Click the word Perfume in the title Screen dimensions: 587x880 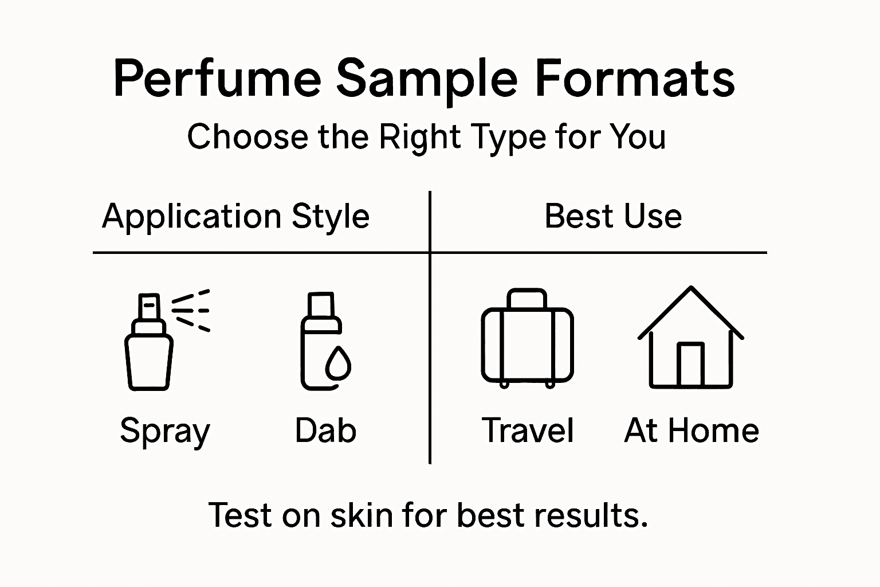click(217, 79)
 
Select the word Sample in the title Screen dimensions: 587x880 click(427, 79)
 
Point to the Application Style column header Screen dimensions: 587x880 click(235, 217)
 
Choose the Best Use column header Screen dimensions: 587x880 click(612, 217)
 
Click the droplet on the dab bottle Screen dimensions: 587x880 click(337, 364)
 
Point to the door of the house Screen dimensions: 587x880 click(690, 365)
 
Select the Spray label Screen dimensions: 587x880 click(165, 431)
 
